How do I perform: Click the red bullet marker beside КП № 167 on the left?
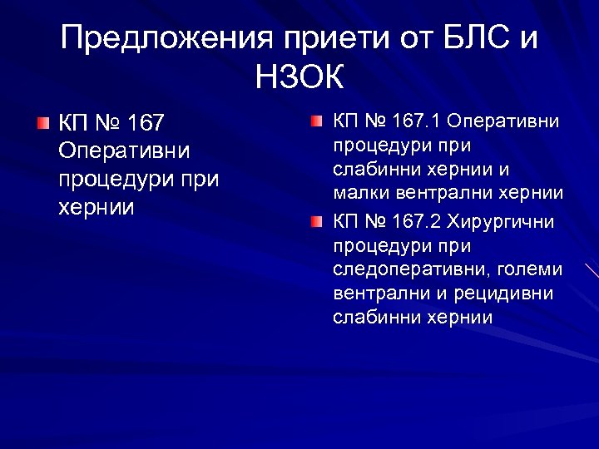coord(42,125)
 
